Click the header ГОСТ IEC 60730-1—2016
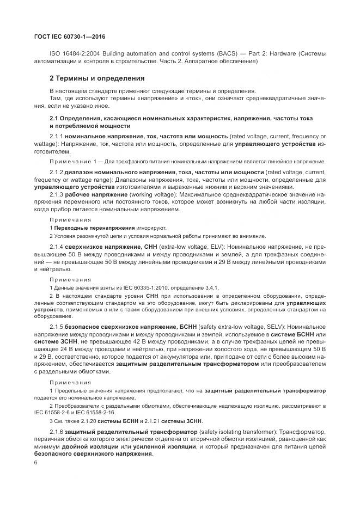point(70,37)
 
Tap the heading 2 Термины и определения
point(89,78)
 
